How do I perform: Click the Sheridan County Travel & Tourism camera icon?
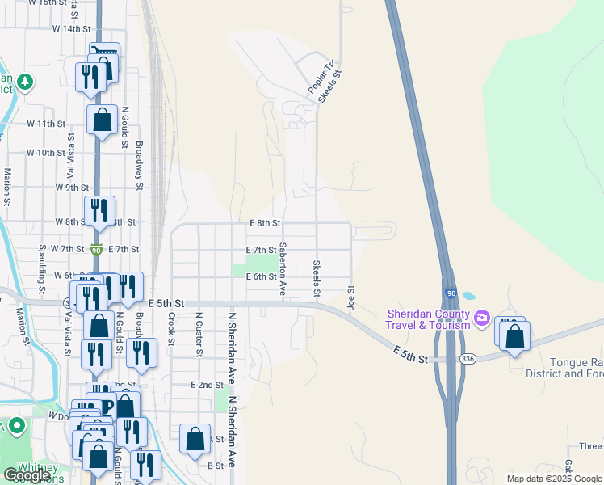tap(482, 316)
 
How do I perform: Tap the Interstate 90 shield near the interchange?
tap(450, 293)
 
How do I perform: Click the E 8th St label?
tap(264, 223)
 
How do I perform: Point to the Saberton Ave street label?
tap(283, 266)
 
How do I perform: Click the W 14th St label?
tap(71, 29)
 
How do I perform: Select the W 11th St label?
tap(45, 124)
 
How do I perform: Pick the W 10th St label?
tap(45, 153)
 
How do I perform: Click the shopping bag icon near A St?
tap(195, 440)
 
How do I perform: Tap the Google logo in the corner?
tap(27, 475)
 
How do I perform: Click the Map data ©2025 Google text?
tap(553, 479)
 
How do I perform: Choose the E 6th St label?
tap(261, 276)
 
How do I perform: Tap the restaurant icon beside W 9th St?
tap(99, 211)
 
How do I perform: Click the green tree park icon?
tap(25, 81)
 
